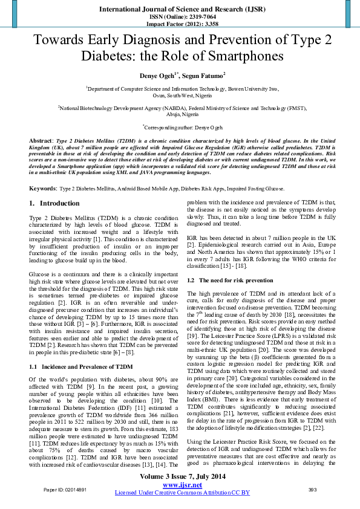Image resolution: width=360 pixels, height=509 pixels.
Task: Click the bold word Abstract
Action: pyautogui.click(x=41, y=140)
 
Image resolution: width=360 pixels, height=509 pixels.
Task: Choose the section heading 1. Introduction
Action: pyautogui.click(x=54, y=203)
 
